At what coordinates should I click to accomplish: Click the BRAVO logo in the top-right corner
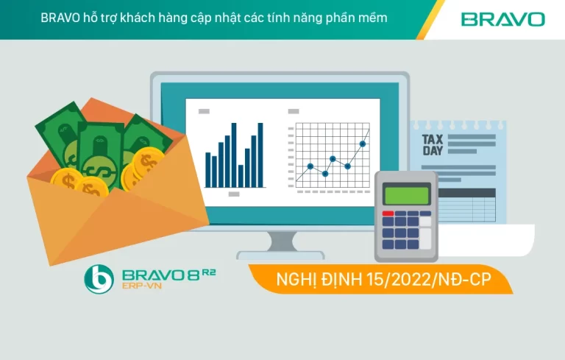503,19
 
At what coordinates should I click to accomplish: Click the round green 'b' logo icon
99,279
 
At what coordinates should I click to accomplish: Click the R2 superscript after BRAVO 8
207,271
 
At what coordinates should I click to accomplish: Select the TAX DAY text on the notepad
433,144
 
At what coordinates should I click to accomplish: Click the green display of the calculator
406,195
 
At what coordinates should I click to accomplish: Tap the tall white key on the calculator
425,236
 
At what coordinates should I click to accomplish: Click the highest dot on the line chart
363,144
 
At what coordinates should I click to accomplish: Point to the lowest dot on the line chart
325,174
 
